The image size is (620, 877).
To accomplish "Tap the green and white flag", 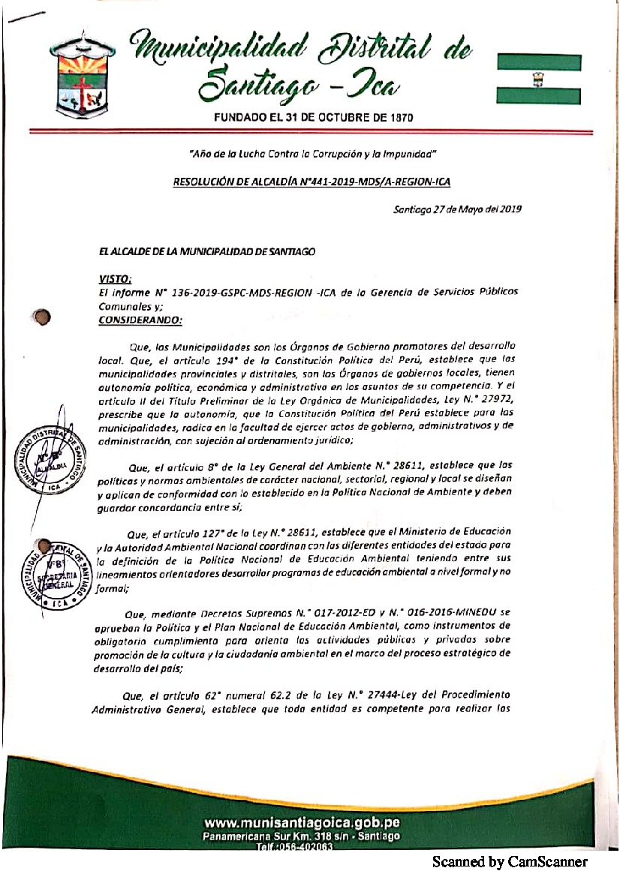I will [x=538, y=78].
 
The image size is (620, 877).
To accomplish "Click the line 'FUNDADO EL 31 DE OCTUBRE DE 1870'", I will [x=314, y=118].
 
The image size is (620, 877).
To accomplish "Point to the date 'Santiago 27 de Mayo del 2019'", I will [x=457, y=209].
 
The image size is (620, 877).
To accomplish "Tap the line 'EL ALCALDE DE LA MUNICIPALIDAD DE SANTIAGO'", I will [x=206, y=251].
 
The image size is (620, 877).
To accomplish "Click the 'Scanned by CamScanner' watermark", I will [x=510, y=862].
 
